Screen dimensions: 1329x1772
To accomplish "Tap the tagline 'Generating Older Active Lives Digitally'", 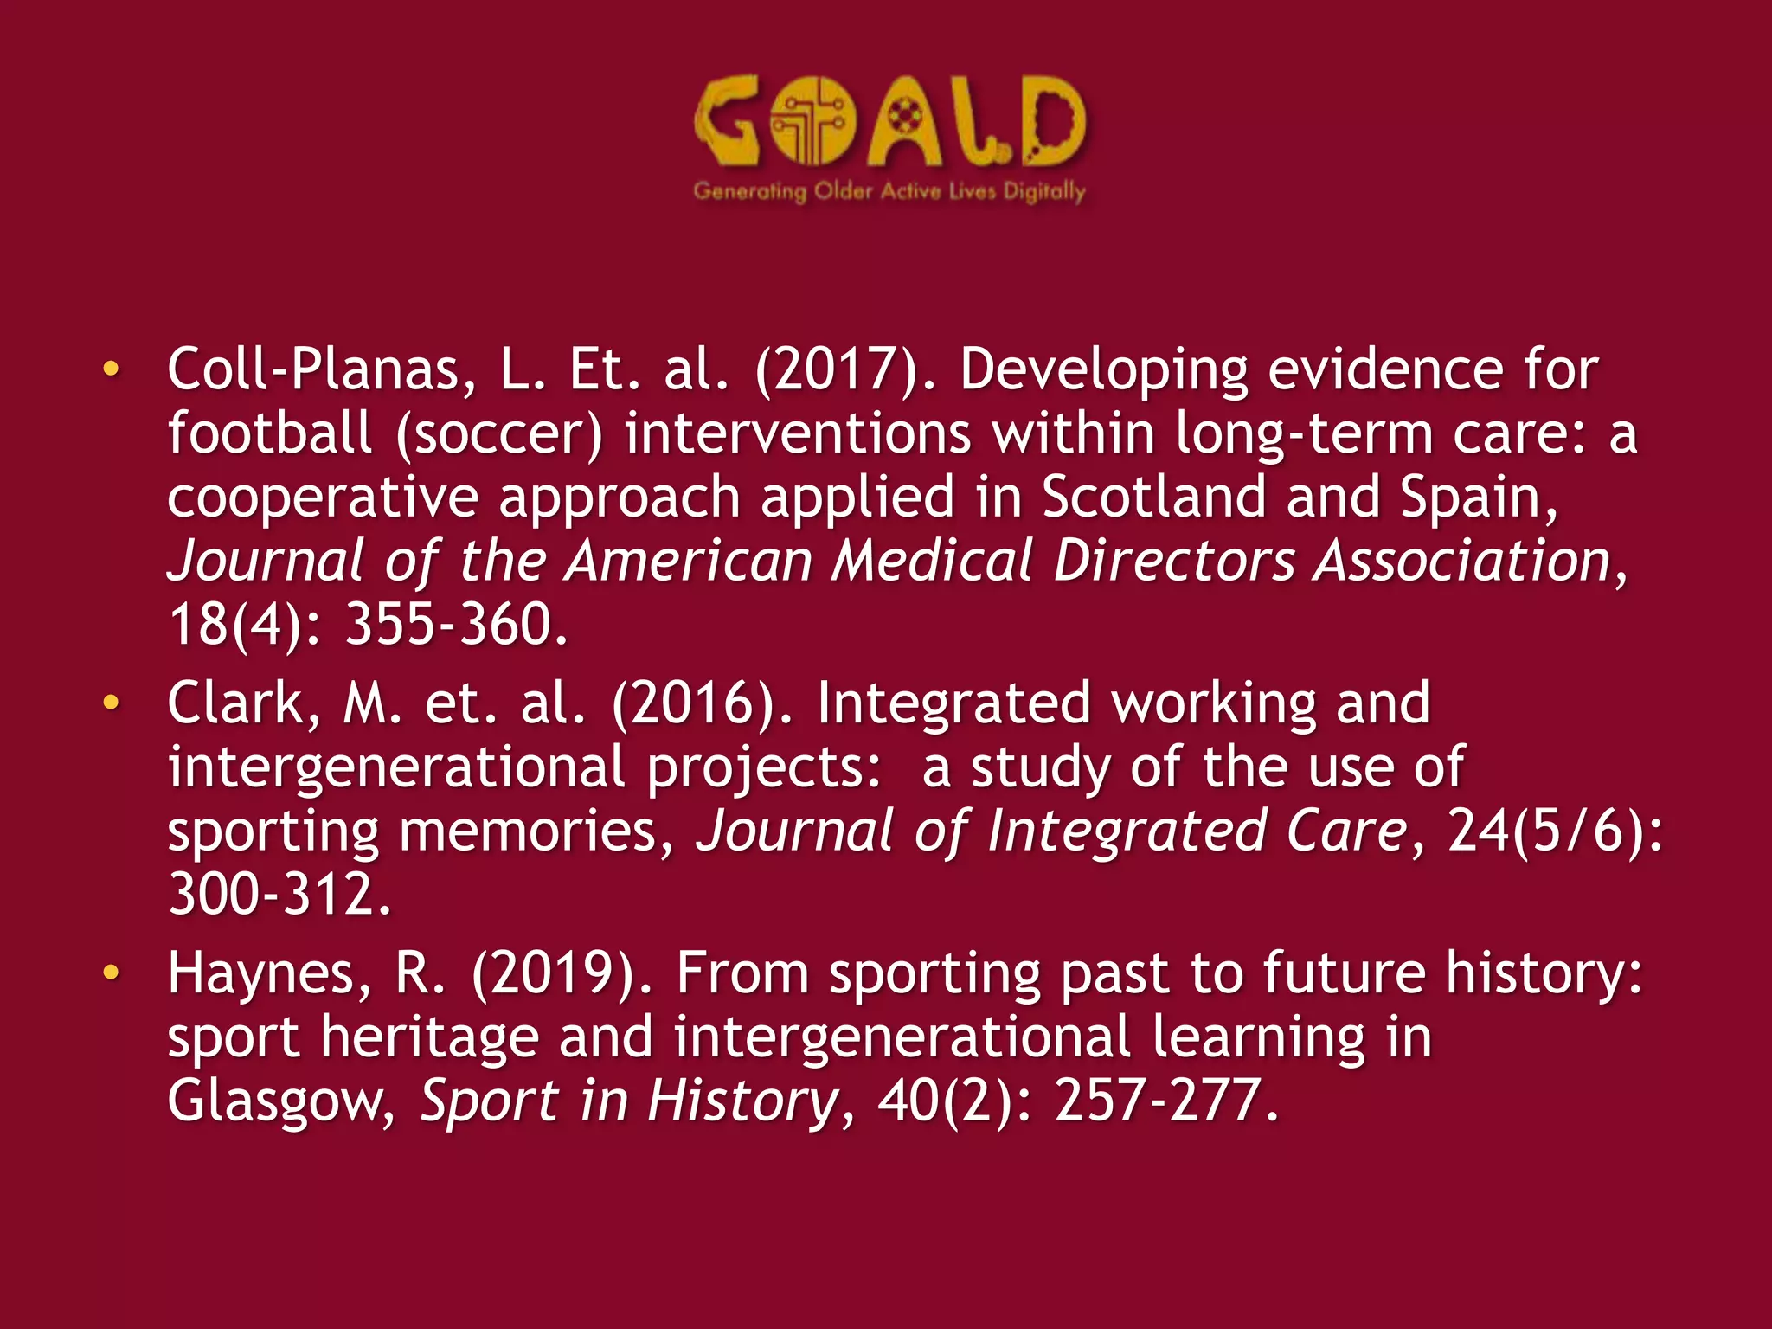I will coord(889,191).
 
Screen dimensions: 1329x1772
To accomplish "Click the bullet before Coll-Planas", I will coord(110,369).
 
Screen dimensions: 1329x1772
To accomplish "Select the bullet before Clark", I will coord(110,703).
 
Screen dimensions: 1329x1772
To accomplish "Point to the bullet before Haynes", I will coord(110,973).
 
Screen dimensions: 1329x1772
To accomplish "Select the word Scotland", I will coord(1153,498).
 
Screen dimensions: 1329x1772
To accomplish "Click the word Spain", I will coord(1479,498).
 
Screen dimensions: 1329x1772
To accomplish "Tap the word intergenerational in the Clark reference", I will coord(396,767).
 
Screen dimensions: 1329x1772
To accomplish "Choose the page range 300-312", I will coord(279,895).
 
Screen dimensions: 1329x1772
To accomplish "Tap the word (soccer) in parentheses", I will coord(498,433).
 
